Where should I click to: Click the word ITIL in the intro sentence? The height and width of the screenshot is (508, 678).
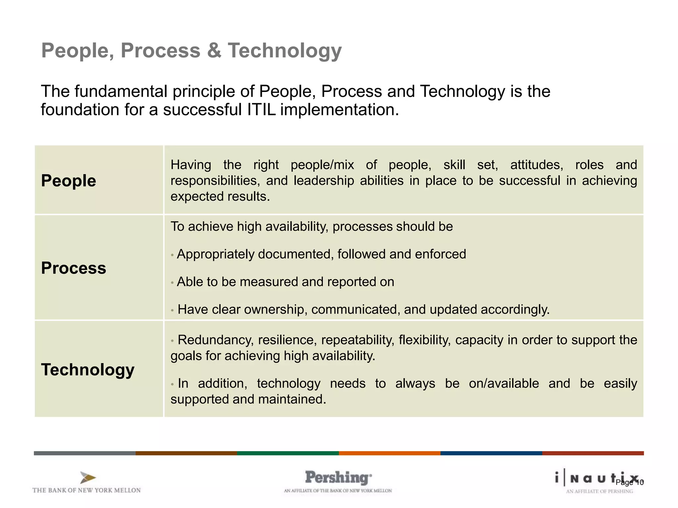point(262,110)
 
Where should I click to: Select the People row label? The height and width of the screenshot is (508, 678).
point(69,181)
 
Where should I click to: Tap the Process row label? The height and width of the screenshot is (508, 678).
point(73,268)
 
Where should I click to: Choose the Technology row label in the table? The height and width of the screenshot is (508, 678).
point(88,369)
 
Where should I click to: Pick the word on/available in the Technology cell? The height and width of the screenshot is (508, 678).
point(504,383)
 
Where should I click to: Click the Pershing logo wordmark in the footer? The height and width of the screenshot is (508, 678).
point(338,478)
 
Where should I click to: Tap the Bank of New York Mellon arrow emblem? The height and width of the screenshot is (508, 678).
point(88,478)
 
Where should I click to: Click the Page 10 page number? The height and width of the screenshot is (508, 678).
point(630,483)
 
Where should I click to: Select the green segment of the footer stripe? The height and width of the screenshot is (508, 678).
point(288,453)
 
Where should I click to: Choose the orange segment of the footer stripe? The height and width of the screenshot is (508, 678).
point(389,453)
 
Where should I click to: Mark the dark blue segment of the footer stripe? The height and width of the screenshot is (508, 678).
point(491,453)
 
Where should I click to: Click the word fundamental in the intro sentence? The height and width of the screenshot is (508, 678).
point(121,91)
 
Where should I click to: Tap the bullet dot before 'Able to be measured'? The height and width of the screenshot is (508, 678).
point(172,283)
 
